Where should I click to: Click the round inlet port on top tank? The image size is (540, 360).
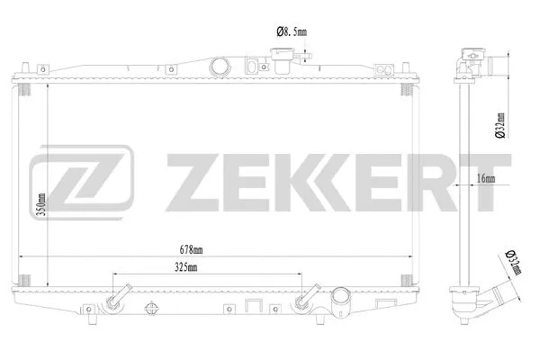tap(218, 67)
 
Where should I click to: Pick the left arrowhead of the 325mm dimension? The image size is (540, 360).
tap(116, 274)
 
